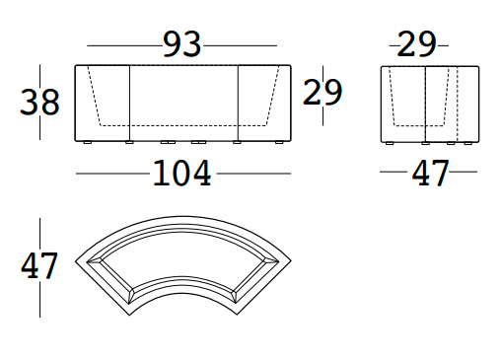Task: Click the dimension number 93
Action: point(182,44)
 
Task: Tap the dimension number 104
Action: point(181,174)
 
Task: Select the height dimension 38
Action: point(39,103)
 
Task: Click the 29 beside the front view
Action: point(322,92)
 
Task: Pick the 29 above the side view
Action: point(418,44)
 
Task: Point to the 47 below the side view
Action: point(430,174)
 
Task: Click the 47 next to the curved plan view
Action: point(39,265)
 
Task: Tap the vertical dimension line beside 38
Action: point(68,103)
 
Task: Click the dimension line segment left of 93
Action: point(124,45)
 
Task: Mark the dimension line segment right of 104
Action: point(253,174)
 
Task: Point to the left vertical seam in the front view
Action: point(131,104)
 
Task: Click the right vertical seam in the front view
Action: point(239,104)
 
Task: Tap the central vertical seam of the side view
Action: point(424,104)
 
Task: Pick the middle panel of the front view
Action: point(184,99)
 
